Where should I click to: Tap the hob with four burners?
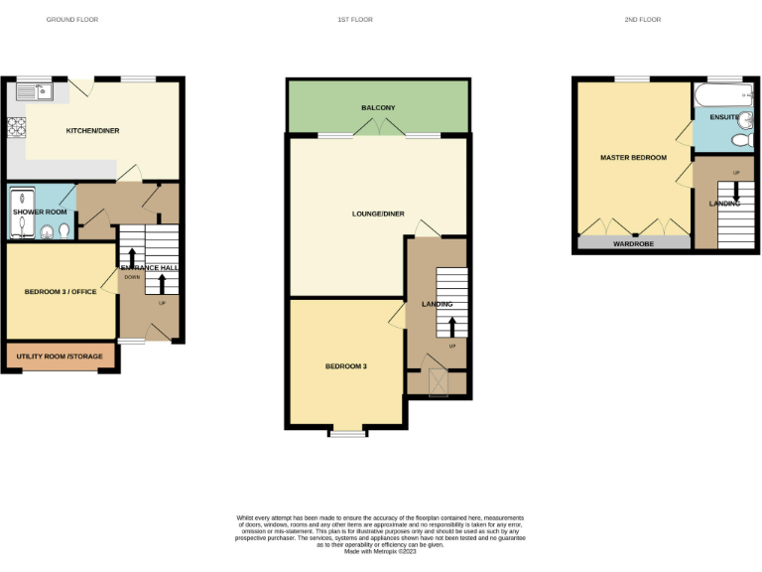17,126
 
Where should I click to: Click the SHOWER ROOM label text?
40,212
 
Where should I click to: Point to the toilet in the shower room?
63,231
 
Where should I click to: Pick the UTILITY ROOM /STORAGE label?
61,356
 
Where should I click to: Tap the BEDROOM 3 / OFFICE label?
61,292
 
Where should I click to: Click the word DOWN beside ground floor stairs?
132,277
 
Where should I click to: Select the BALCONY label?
378,107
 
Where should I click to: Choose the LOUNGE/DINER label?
378,214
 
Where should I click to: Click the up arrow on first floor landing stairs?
452,326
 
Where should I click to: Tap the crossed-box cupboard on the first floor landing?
437,380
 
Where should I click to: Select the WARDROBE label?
633,243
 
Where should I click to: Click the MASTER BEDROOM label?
633,158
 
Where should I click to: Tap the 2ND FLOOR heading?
643,19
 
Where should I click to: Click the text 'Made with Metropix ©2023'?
380,551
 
